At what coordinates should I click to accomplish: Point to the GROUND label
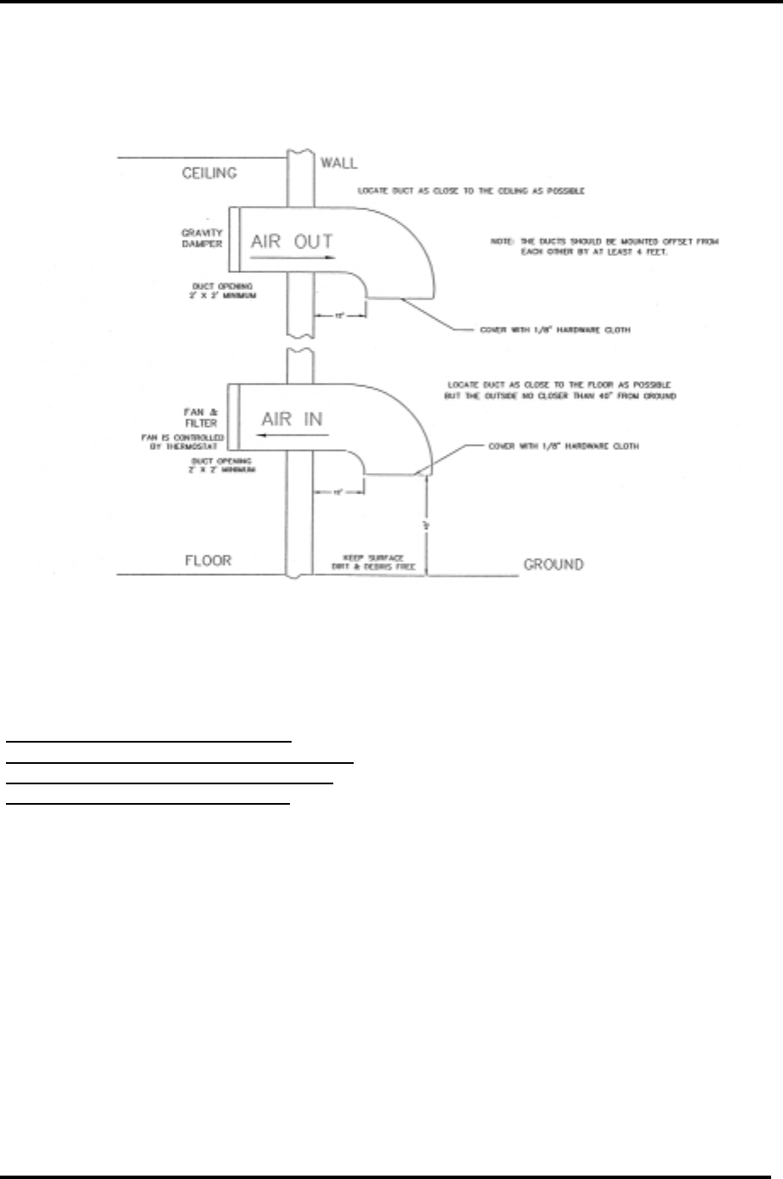[x=553, y=564]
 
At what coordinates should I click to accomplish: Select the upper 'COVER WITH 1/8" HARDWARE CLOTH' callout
[x=555, y=330]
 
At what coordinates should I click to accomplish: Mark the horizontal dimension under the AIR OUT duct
[x=339, y=315]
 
